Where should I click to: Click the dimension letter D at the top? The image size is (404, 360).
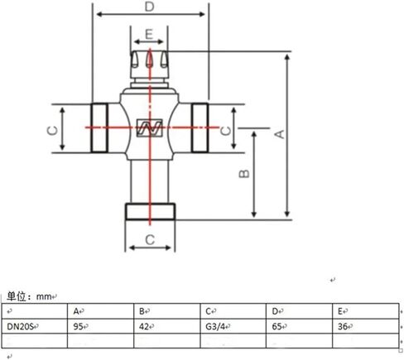click(x=149, y=7)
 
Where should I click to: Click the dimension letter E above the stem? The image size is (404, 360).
click(x=148, y=34)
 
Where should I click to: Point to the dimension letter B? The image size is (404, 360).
click(x=243, y=175)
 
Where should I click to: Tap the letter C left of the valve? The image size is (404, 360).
click(x=50, y=129)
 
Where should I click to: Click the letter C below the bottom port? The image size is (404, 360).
click(x=150, y=239)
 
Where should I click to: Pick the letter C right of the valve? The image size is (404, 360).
click(x=227, y=129)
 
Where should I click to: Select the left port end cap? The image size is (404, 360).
click(x=99, y=128)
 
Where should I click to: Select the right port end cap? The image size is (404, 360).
click(x=200, y=128)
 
